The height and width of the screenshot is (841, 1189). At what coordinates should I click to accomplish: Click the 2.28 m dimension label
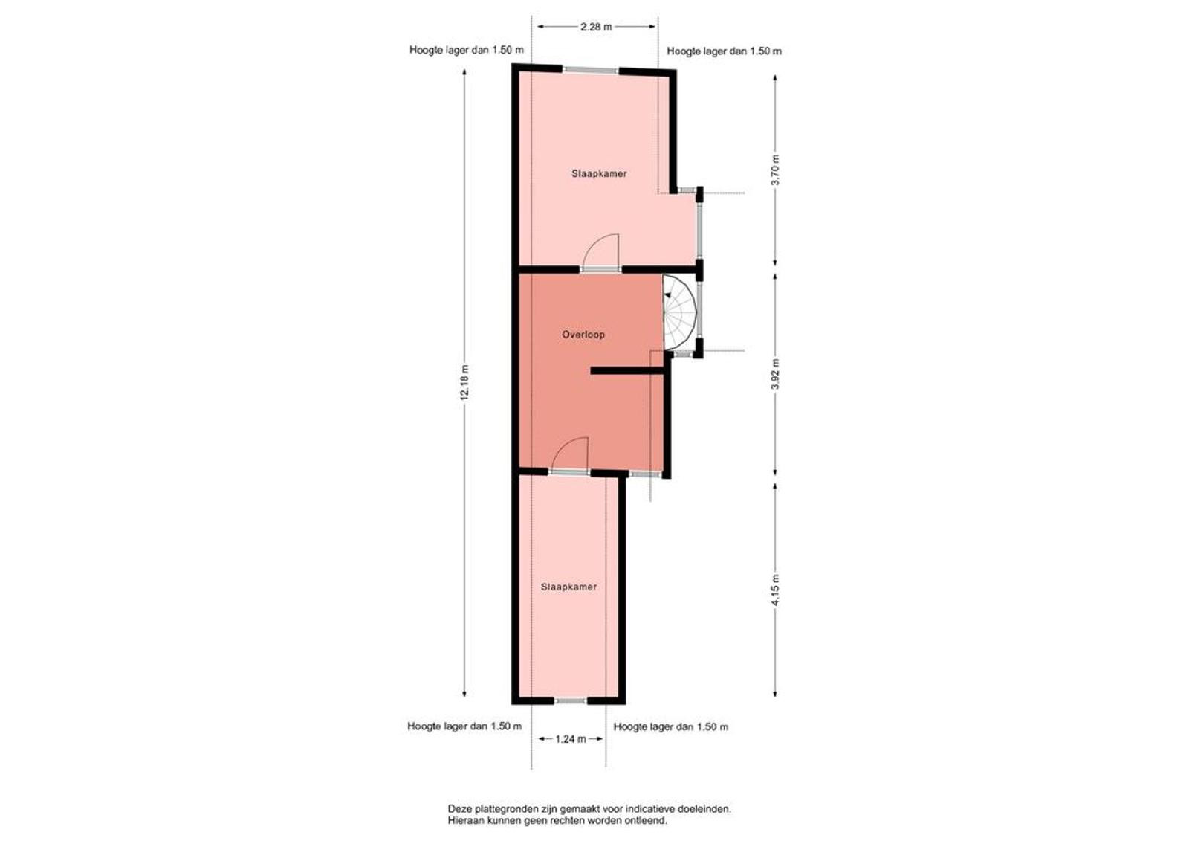[596, 27]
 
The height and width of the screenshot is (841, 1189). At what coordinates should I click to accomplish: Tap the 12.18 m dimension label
[465, 381]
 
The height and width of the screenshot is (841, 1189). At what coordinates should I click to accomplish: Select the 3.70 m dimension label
[776, 170]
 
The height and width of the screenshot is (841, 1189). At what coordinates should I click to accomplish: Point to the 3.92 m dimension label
[776, 374]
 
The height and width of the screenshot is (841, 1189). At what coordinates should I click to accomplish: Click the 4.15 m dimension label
[776, 590]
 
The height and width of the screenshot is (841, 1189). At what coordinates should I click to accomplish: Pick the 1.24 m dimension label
[571, 739]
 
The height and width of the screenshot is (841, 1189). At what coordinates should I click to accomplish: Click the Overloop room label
[583, 335]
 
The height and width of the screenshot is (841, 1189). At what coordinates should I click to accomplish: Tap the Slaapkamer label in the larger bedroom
[599, 174]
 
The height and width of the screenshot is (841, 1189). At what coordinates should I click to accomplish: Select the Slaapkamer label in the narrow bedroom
[569, 587]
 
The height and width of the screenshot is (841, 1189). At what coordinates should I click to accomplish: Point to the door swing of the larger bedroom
[601, 253]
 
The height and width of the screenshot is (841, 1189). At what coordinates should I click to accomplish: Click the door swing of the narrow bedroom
[571, 455]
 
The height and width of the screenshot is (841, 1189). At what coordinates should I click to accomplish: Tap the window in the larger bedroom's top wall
[591, 70]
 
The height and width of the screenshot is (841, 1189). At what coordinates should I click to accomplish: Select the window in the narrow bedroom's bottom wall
[571, 700]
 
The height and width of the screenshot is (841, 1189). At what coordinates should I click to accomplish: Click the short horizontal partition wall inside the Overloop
[627, 371]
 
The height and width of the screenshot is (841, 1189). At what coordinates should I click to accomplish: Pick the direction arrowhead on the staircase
[667, 295]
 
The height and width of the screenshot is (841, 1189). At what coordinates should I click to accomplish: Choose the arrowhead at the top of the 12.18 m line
[465, 74]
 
